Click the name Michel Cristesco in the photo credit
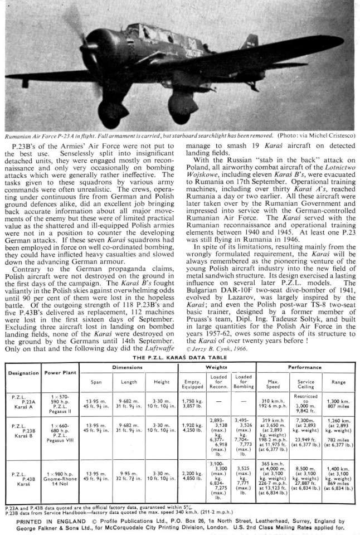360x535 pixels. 329,135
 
